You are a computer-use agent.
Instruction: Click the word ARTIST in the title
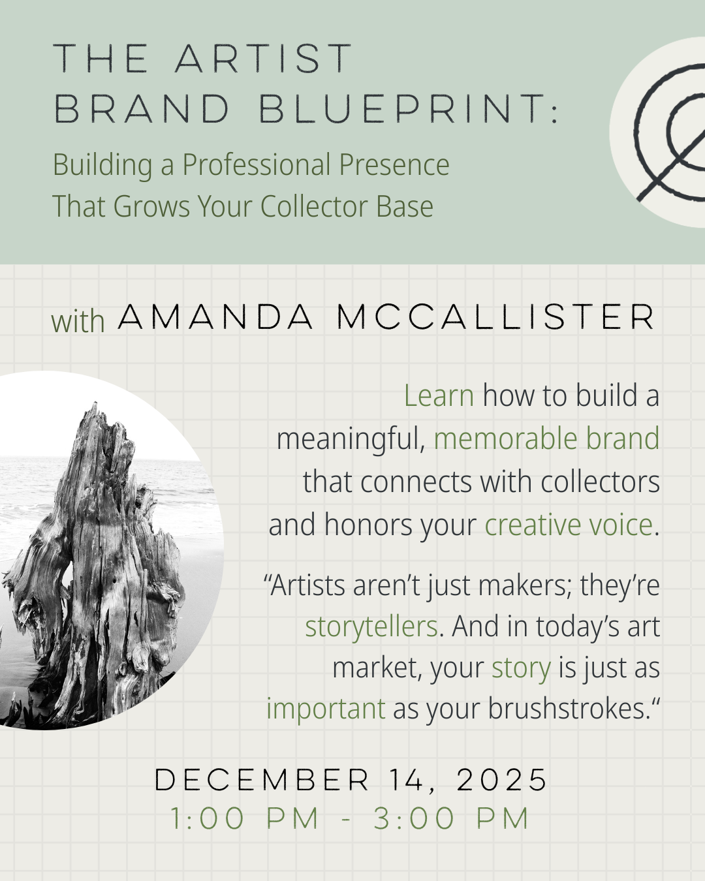click(x=264, y=59)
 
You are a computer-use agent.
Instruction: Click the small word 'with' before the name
click(x=78, y=321)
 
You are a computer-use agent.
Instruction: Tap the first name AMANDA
click(x=216, y=318)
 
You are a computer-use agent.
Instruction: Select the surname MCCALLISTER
click(x=496, y=318)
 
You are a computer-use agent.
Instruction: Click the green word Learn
click(x=439, y=395)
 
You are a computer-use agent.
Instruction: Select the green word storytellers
click(x=371, y=626)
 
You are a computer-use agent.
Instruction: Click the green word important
click(x=326, y=709)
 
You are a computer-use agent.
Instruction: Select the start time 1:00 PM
click(x=245, y=819)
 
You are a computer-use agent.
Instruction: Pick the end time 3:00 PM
click(x=451, y=819)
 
